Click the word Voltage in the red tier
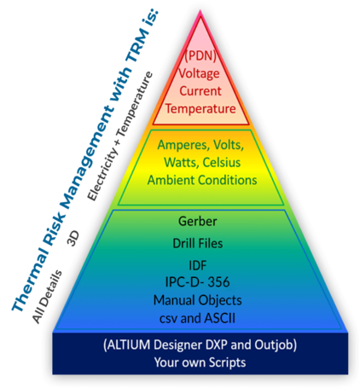point(199,73)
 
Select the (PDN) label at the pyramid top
point(200,55)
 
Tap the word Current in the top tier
point(200,91)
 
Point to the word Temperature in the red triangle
point(200,108)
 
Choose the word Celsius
point(222,162)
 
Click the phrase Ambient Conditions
point(202,180)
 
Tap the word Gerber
point(198,221)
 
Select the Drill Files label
point(198,243)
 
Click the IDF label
point(198,265)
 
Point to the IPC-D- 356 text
point(198,282)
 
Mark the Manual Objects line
point(198,300)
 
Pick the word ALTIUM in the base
point(129,345)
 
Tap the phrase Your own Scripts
point(200,362)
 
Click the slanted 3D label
point(73,238)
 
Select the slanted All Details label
point(47,297)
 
